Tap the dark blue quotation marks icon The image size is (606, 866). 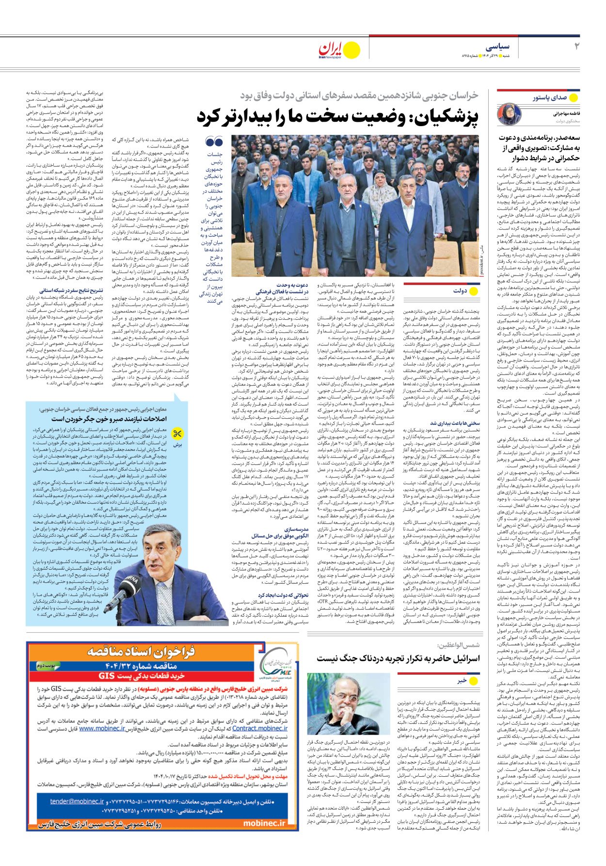pyautogui.click(x=214, y=142)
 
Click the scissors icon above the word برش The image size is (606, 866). pyautogui.click(x=178, y=433)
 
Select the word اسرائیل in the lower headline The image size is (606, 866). pyautogui.click(x=461, y=658)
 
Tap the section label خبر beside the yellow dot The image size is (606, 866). pyautogui.click(x=462, y=681)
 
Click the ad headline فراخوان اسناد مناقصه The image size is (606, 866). pyautogui.click(x=141, y=651)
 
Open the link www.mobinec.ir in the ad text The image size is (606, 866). pyautogui.click(x=102, y=728)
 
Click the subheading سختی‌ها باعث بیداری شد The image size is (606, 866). pyautogui.click(x=455, y=423)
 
